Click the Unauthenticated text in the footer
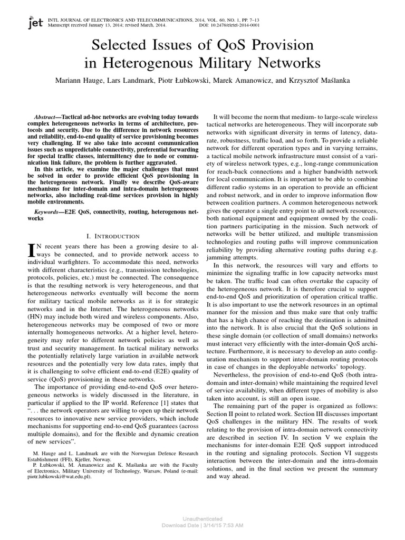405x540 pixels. click(x=202, y=519)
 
